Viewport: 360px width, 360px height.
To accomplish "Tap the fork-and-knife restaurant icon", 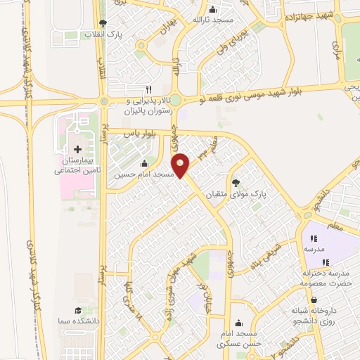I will click(148, 90).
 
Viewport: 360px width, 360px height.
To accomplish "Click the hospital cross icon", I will click(77, 149).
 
